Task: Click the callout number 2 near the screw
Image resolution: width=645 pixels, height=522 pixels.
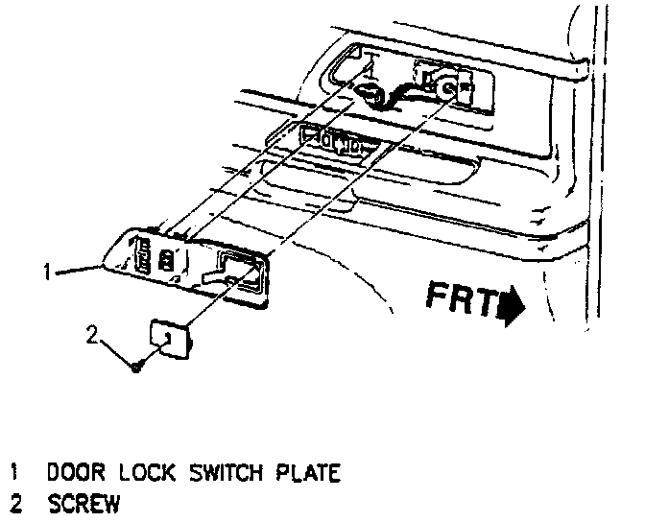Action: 93,336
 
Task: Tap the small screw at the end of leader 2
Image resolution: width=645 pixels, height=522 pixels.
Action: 138,366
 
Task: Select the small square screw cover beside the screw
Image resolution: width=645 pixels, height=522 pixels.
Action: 169,338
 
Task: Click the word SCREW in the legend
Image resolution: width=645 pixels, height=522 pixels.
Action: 87,502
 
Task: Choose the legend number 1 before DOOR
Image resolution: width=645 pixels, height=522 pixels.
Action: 15,473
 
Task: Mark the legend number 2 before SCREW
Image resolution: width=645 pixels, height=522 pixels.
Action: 15,502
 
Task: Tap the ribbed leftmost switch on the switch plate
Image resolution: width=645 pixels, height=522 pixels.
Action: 138,256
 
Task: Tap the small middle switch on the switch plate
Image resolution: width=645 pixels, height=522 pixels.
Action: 168,260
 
